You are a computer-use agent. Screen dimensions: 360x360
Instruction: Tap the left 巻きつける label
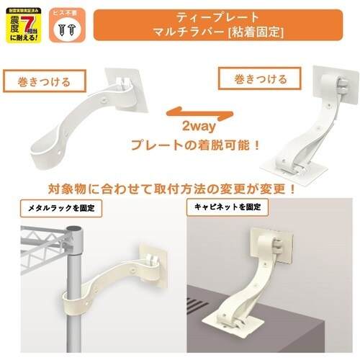coord(44,82)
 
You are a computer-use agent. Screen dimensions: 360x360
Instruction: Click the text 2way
coord(194,126)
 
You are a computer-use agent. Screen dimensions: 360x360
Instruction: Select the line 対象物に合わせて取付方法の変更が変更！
coord(173,191)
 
